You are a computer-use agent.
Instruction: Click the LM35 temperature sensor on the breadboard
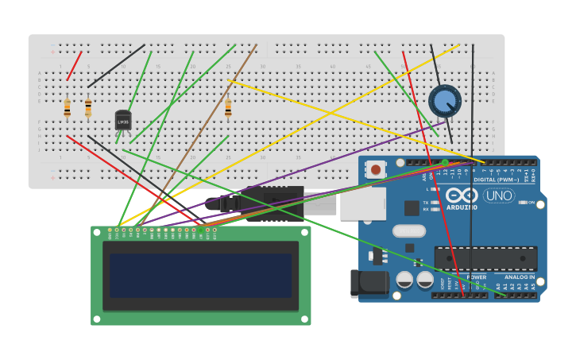click(123, 120)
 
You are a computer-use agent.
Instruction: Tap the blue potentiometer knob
click(444, 102)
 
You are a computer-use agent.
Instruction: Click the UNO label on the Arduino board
click(499, 195)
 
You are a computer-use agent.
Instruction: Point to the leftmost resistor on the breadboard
click(67, 108)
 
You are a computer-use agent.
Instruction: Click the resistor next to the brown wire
click(228, 107)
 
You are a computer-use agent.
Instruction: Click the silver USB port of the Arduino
click(362, 203)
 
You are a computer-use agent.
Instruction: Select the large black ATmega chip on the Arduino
click(485, 258)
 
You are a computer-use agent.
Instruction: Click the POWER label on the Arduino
click(477, 277)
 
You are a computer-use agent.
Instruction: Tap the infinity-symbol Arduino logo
click(462, 195)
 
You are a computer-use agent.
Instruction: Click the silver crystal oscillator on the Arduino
click(408, 231)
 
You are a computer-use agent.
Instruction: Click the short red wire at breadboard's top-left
click(74, 66)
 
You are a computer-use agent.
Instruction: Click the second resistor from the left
click(88, 108)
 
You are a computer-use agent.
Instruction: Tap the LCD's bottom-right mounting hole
click(305, 320)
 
